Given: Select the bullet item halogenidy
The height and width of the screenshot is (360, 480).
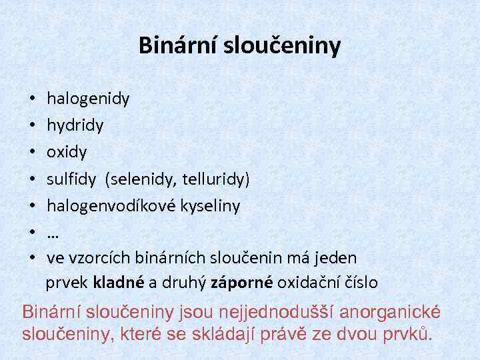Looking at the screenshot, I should click(88, 99).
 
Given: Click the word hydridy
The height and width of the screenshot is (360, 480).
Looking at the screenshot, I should click(75, 125).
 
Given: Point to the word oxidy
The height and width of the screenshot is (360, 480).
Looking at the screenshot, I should click(67, 152).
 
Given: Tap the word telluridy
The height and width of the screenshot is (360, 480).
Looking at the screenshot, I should click(216, 179).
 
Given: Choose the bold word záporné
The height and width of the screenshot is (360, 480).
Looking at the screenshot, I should click(241, 283).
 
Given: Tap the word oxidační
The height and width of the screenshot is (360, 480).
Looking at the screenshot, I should click(307, 283).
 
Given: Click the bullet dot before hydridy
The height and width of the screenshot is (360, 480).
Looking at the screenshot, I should click(33, 126).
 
